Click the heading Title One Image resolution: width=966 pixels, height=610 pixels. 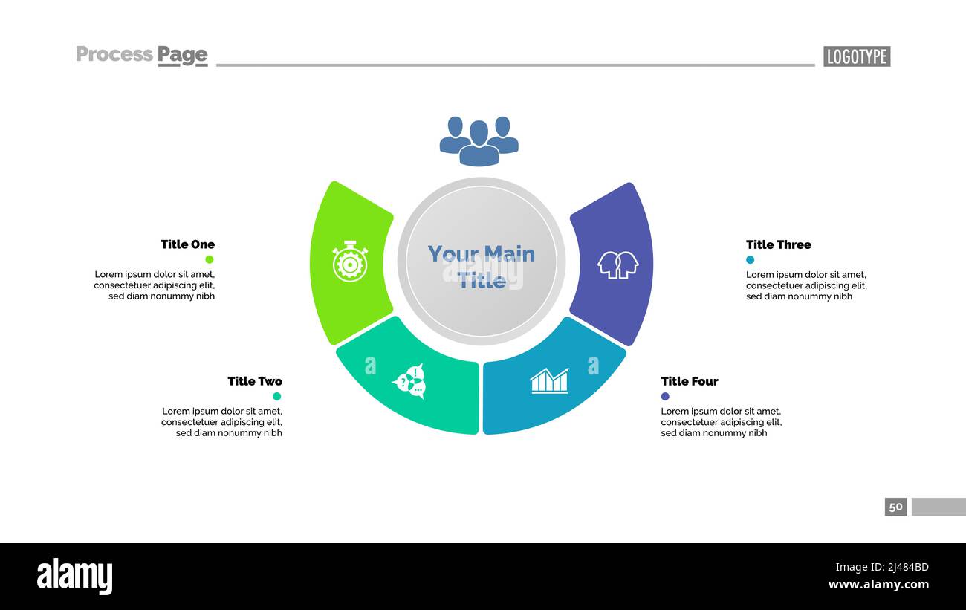point(187,244)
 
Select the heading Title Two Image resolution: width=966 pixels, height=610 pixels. point(255,381)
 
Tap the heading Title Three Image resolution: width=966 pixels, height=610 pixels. point(778,244)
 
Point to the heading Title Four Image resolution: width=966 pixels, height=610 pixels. point(689,381)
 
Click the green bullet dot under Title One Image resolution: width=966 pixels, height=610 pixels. point(210,259)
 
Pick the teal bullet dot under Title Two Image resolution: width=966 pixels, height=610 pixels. point(277,396)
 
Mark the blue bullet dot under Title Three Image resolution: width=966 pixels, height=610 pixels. point(750,260)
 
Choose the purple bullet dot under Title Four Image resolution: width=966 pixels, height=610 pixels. point(665,396)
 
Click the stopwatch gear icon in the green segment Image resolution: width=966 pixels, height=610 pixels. point(350,262)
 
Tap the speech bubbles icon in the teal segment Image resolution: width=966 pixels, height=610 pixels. point(409,381)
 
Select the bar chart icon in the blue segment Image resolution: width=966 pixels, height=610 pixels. point(549,380)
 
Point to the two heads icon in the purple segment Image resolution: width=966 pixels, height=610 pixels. point(618,265)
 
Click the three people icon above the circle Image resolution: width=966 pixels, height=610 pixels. point(479,141)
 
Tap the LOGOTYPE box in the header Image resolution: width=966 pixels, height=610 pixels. point(857,56)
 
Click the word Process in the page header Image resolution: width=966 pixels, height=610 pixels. point(114,54)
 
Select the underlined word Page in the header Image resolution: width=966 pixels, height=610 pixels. point(182,55)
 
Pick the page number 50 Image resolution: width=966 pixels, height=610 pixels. point(896,507)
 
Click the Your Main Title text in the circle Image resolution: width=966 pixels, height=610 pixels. point(482,266)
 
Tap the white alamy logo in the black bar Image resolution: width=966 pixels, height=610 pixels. point(74,577)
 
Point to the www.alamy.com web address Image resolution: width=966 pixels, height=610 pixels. point(878,585)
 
